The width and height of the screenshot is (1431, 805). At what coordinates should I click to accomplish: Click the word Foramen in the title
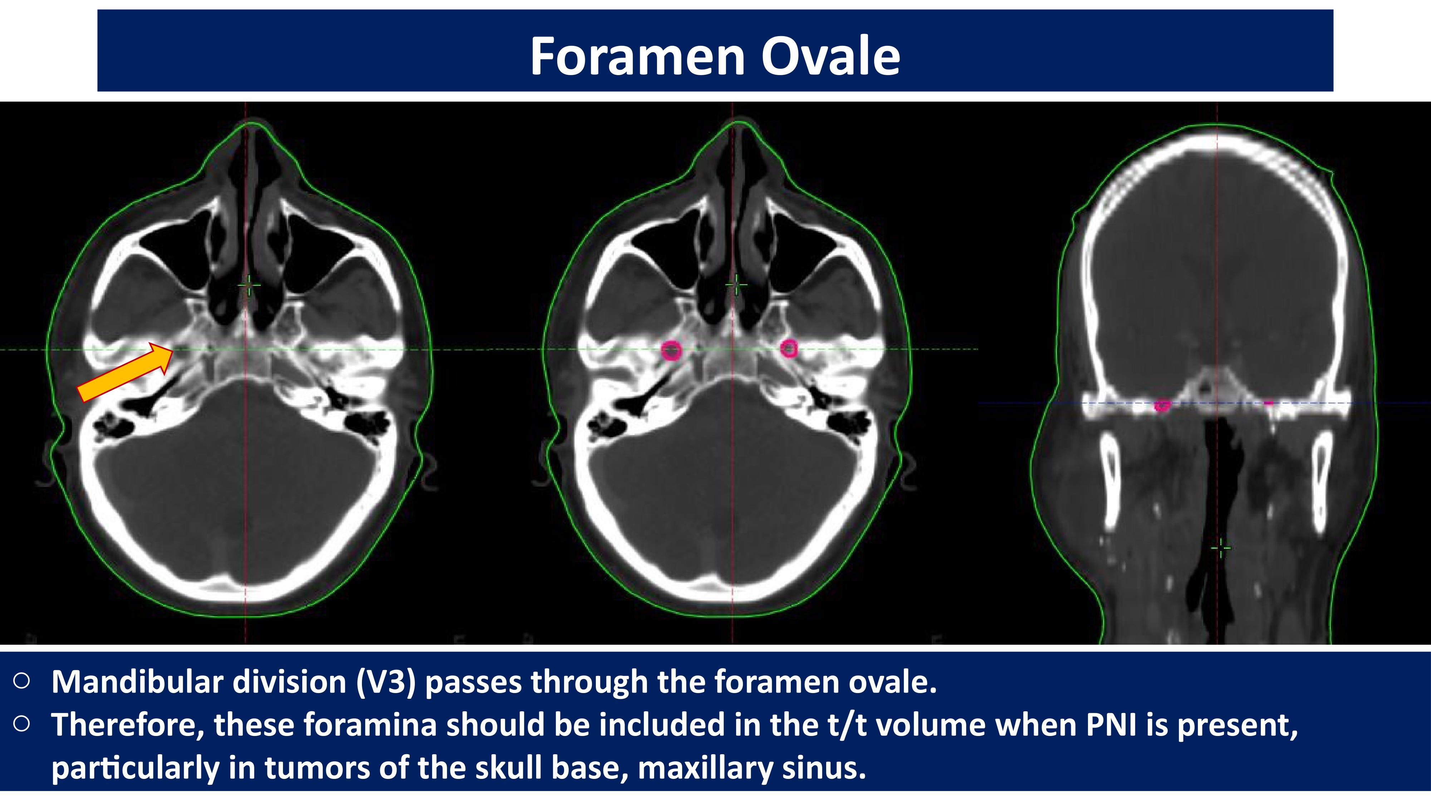pos(637,56)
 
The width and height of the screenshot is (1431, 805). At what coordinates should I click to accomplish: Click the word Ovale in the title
pos(830,56)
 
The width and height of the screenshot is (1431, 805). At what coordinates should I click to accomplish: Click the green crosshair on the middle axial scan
pos(737,285)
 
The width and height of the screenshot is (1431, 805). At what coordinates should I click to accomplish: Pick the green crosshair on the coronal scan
pos(1220,548)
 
